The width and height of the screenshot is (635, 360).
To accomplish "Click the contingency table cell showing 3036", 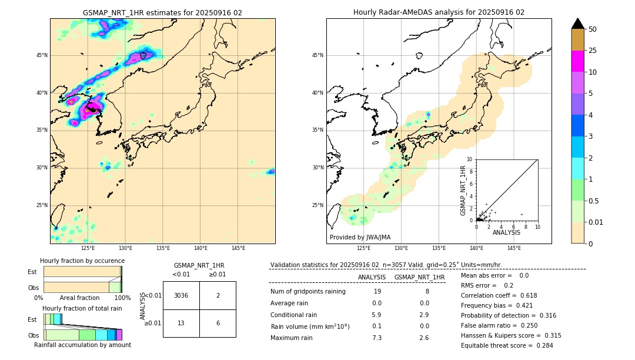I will (x=181, y=295).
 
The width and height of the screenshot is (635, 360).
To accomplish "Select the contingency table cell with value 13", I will (x=181, y=323).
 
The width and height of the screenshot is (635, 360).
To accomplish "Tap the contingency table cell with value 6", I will (x=218, y=323).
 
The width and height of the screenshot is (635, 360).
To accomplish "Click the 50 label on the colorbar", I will (x=593, y=29).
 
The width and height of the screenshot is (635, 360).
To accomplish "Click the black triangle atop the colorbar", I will (x=577, y=24).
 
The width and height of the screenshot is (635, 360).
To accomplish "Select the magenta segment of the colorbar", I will (x=577, y=61).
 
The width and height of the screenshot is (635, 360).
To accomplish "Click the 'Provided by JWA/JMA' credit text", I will (x=360, y=238).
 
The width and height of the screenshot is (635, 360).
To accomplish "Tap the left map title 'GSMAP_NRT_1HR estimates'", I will (x=162, y=12).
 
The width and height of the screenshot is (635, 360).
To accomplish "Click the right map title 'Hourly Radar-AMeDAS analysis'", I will (x=439, y=12).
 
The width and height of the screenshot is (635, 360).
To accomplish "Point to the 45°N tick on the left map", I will (x=42, y=55).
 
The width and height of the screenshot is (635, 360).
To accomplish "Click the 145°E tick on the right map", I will (x=514, y=248).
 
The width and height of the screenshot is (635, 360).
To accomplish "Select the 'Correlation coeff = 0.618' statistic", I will (x=499, y=295).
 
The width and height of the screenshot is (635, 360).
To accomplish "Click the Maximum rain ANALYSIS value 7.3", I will (x=377, y=338).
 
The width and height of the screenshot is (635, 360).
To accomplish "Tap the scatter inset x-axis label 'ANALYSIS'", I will (x=506, y=232).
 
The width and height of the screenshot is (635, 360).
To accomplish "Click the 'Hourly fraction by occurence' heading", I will (x=82, y=261).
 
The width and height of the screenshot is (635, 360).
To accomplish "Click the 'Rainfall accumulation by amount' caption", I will (x=82, y=345).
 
